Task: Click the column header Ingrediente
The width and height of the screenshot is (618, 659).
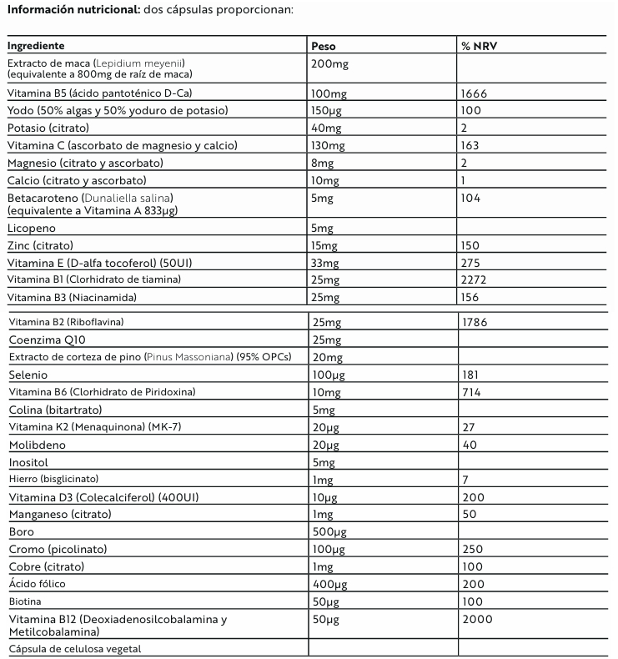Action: click(36, 46)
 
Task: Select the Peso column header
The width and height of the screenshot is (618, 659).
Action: click(323, 46)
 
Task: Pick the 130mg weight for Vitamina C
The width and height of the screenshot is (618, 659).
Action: click(326, 145)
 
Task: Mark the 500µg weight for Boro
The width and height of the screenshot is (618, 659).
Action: click(326, 531)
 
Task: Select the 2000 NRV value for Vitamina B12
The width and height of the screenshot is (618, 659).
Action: click(476, 619)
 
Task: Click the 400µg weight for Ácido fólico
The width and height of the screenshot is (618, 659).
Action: click(326, 584)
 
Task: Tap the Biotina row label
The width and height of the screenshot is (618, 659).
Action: click(25, 601)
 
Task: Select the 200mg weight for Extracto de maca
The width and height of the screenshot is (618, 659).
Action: click(328, 63)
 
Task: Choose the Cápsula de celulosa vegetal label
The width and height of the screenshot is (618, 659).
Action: click(73, 648)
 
